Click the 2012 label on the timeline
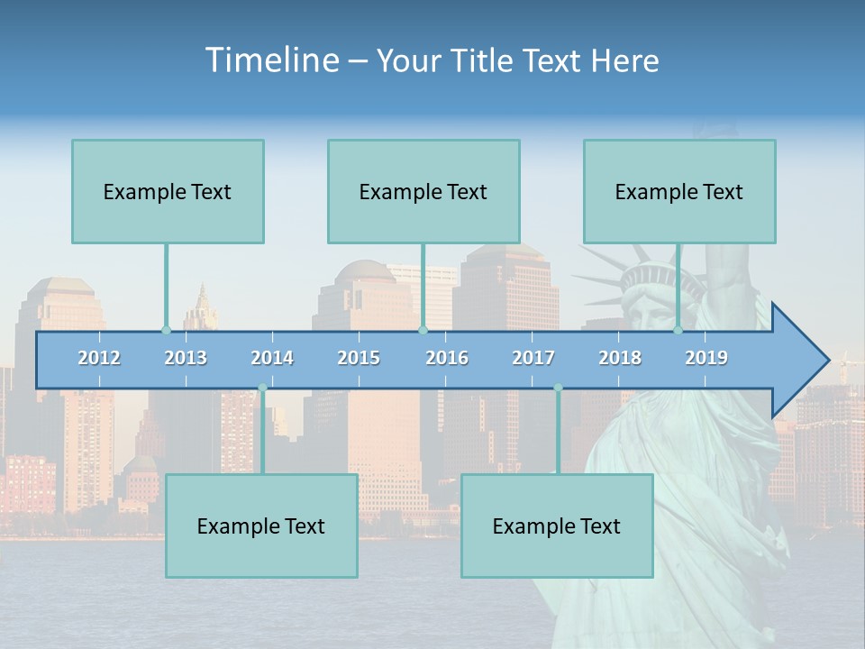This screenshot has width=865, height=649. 99,358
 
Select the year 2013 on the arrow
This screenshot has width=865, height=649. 186,358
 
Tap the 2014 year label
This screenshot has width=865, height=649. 272,358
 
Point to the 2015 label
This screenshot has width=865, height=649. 359,358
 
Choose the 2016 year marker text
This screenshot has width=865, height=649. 447,358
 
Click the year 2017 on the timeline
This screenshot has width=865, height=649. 533,358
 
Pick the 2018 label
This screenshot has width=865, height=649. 620,358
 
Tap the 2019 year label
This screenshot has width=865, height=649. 706,358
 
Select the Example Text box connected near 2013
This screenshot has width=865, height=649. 168,191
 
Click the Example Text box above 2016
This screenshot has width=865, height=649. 423,191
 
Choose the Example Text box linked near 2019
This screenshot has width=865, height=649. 679,191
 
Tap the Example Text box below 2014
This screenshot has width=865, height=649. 261,526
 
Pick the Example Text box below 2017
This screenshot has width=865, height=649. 557,526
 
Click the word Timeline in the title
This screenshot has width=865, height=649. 270,60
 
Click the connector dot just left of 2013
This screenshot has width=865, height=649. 166,330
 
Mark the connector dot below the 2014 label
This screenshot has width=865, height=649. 262,388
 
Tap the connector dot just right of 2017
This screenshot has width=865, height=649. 558,388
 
